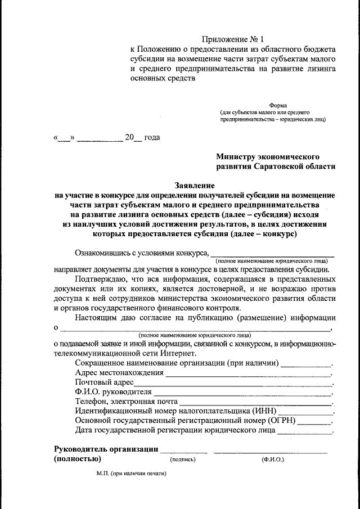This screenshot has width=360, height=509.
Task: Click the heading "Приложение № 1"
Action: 232,40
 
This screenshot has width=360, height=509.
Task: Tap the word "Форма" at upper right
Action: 278,105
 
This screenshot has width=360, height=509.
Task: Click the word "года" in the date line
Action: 152,138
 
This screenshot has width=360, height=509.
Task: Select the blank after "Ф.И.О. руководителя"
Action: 243,392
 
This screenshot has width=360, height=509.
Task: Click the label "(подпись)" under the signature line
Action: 183,460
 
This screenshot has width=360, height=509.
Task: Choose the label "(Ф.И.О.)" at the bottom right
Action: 273,460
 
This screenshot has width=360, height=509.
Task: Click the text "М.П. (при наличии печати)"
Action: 132,474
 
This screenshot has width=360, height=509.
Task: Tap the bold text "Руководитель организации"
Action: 105,449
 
